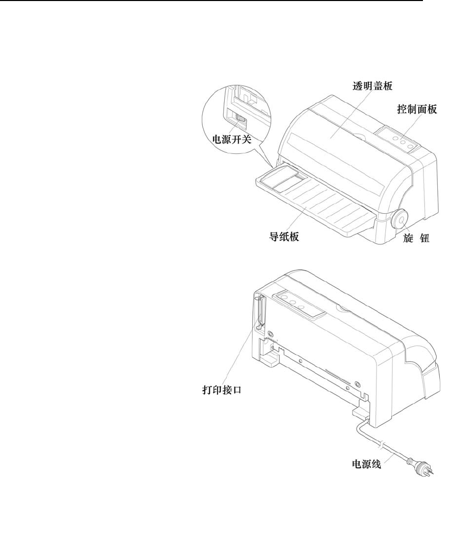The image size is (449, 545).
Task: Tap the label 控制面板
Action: [x=417, y=109]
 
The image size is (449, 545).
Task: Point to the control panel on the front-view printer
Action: [x=399, y=140]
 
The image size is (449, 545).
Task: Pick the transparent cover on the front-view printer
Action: [x=337, y=138]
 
